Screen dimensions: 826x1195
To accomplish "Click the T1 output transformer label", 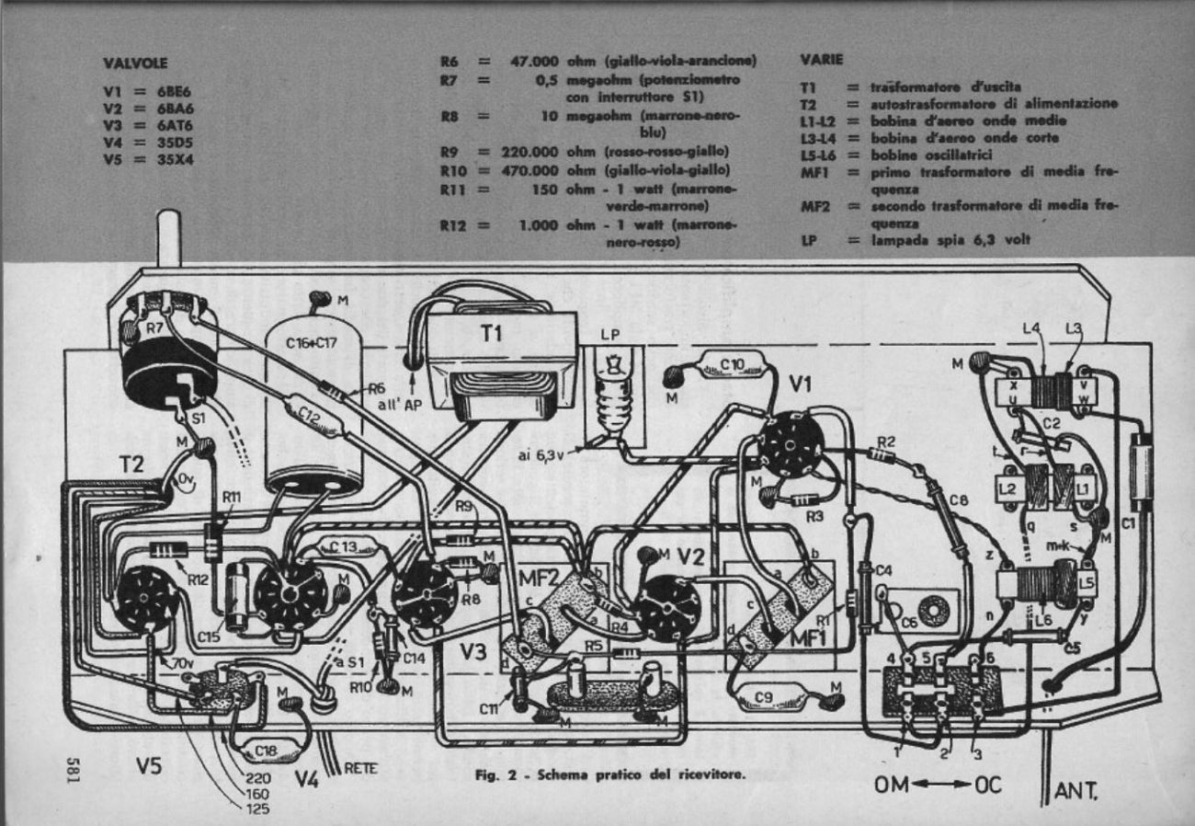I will click(489, 336).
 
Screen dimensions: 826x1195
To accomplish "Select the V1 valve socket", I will click(790, 443).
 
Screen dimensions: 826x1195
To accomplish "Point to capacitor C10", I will click(732, 365).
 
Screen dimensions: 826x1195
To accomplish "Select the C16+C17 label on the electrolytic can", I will click(316, 342).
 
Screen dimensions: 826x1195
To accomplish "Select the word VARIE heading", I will click(821, 59).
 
